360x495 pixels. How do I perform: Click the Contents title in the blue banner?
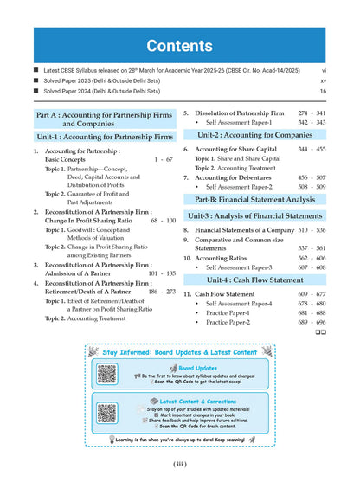click(180, 45)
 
